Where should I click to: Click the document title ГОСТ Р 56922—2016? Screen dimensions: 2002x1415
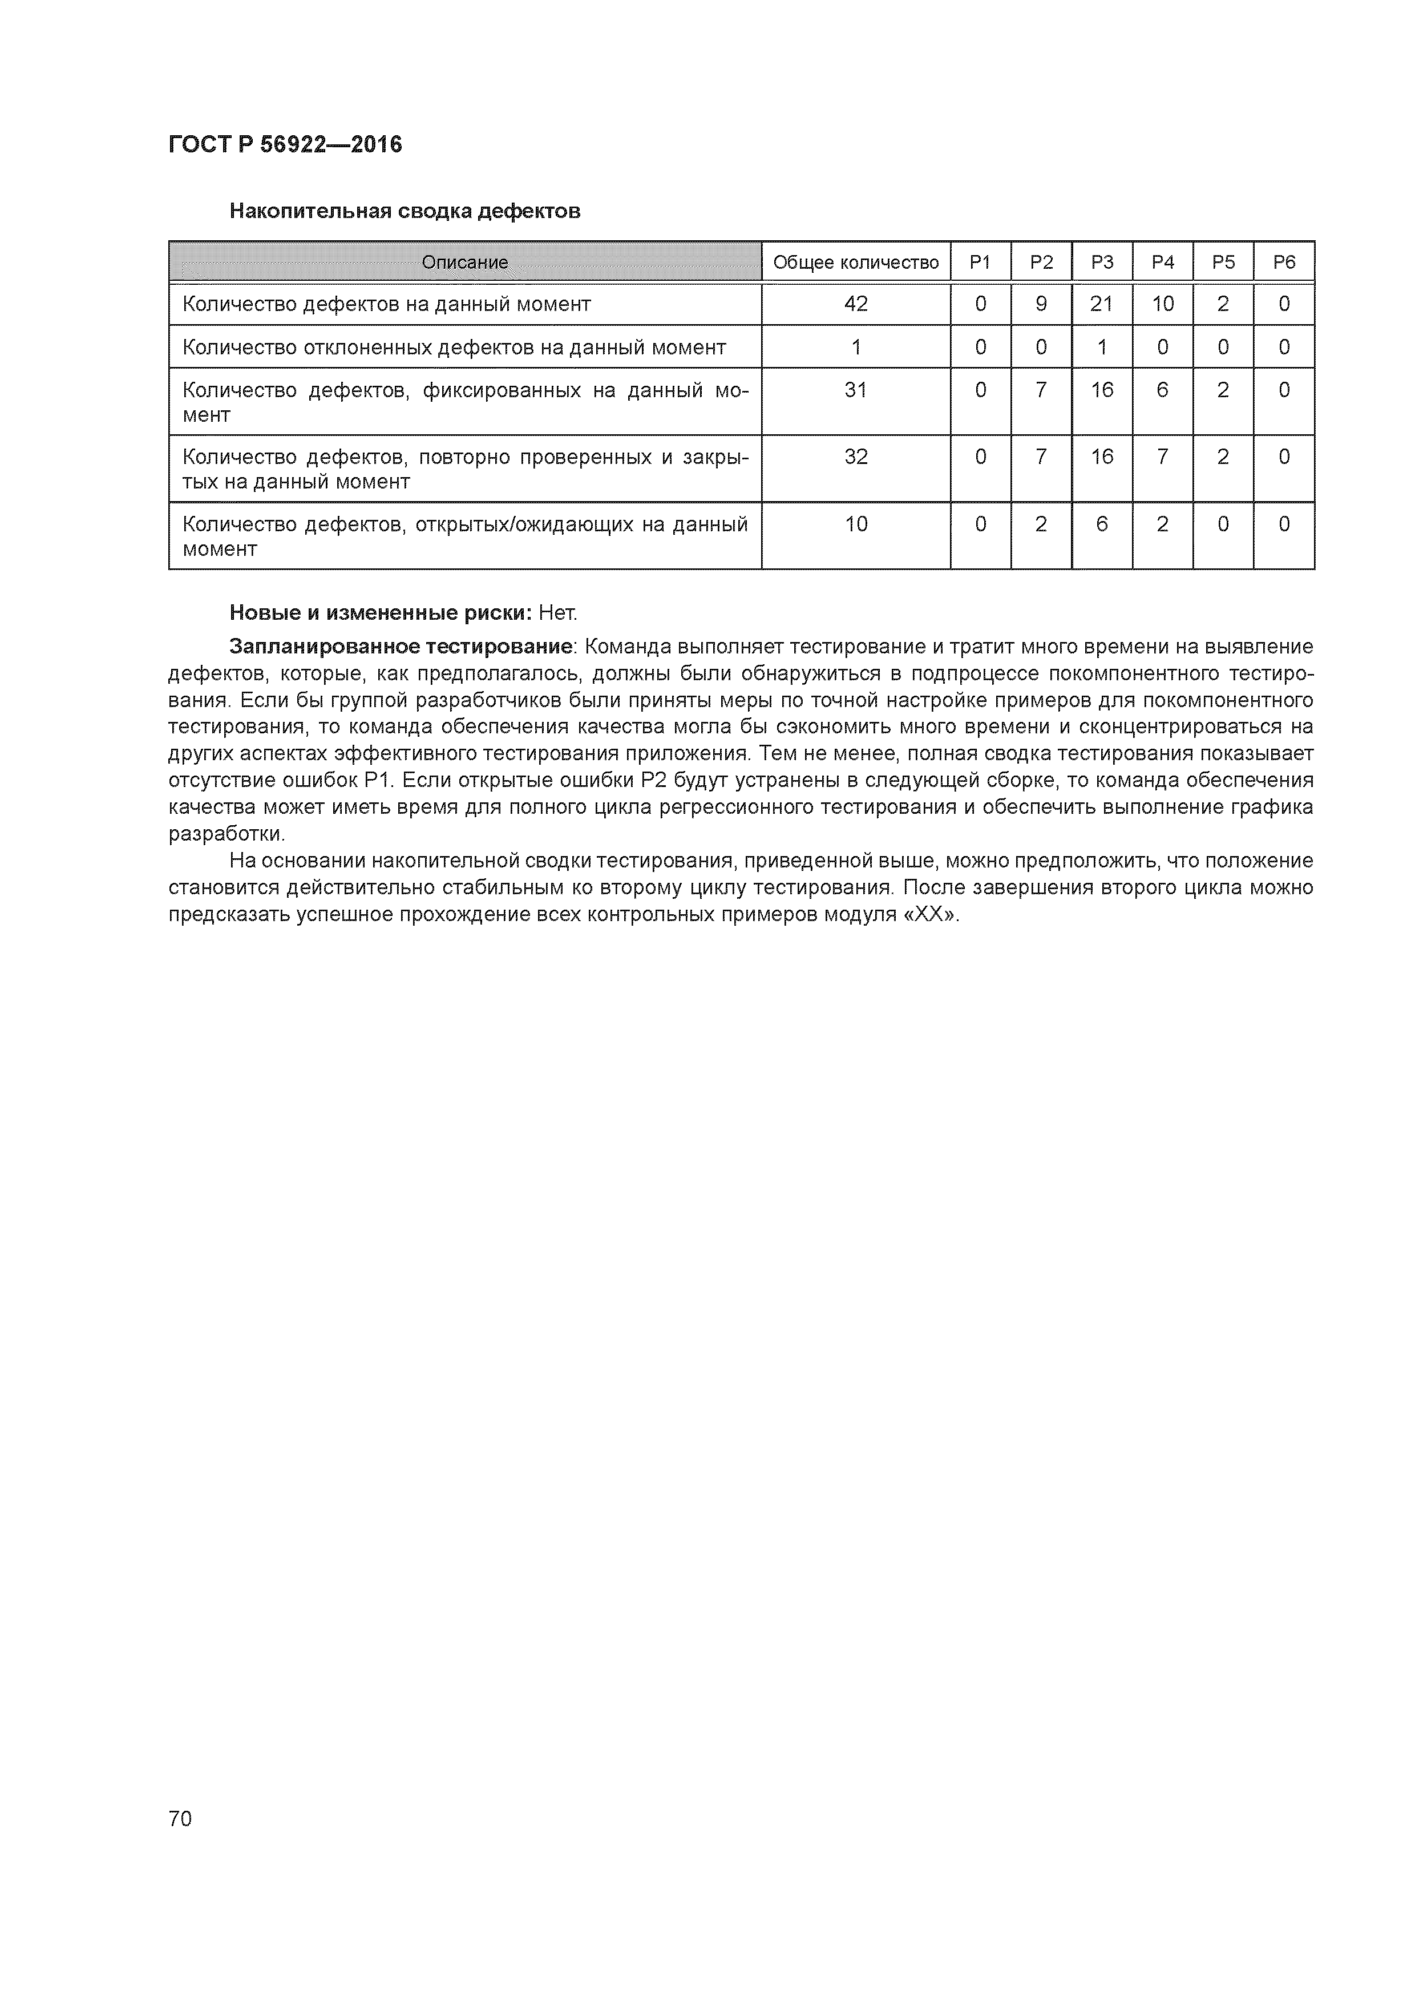point(285,145)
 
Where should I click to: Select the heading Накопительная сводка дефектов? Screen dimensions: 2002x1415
point(405,211)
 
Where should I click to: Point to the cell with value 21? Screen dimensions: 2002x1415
point(1102,304)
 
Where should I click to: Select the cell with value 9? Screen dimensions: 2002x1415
point(1041,304)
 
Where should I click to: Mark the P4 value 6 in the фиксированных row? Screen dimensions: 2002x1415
point(1162,390)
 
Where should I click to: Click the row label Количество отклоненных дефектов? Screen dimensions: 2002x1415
point(454,348)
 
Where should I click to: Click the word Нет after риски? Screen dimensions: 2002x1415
point(557,613)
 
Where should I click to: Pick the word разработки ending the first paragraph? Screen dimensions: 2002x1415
point(226,834)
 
